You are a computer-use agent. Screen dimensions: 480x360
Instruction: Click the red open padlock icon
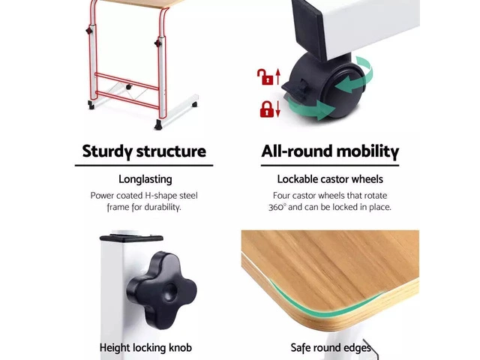coord(265,77)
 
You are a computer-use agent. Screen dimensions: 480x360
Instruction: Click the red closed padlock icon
coord(267,109)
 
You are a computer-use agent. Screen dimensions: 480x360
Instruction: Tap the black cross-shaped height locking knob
coord(161,290)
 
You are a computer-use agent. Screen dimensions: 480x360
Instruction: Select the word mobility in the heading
coord(367,151)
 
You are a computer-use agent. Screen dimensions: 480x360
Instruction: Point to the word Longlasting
coord(145,180)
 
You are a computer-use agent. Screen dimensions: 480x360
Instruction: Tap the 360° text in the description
coord(277,208)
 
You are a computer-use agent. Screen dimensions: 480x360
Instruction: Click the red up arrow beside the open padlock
coord(278,76)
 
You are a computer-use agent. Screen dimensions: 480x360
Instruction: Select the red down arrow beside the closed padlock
coord(278,109)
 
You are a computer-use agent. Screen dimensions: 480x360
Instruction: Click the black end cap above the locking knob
coord(131,238)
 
